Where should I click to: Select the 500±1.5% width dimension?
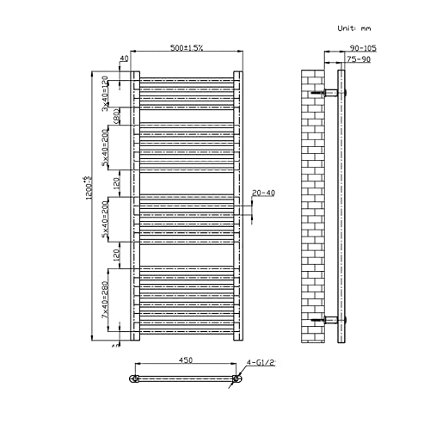point(185,49)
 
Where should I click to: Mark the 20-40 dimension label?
point(262,193)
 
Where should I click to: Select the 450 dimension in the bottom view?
point(185,361)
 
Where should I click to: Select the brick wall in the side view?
point(313,206)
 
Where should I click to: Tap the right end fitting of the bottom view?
point(236,378)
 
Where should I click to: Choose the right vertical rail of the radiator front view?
point(237,206)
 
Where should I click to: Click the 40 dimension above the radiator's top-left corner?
point(124,58)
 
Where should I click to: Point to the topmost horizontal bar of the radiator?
point(185,78)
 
